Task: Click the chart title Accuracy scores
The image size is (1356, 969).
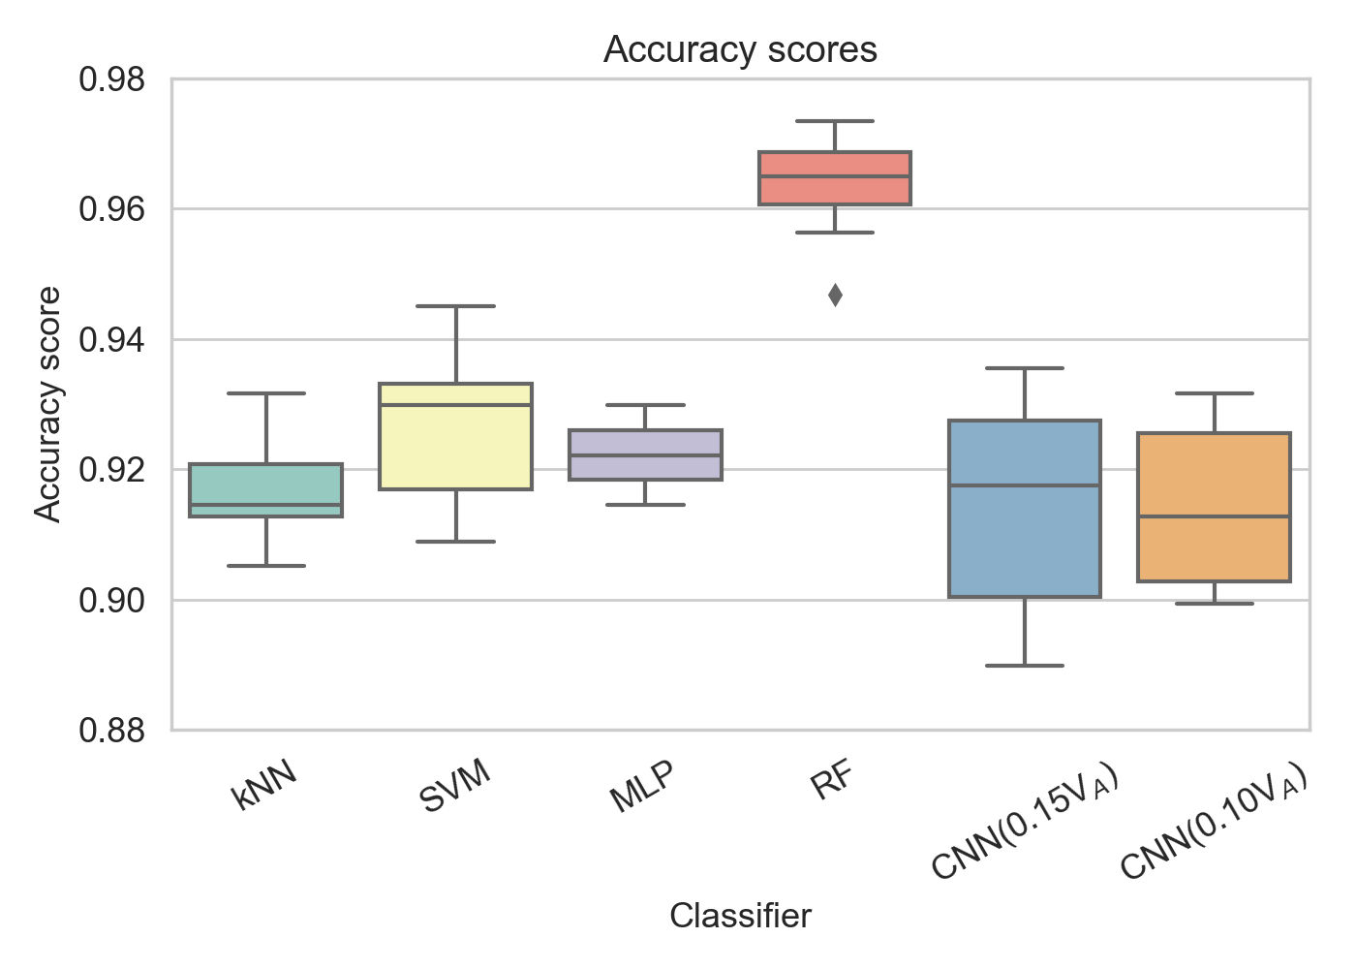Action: [x=740, y=49]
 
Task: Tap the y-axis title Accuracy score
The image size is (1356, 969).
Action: [x=47, y=404]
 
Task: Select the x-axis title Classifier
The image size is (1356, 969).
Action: [x=740, y=915]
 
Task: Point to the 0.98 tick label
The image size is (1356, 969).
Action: [x=112, y=79]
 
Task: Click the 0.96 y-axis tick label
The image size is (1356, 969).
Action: [x=112, y=209]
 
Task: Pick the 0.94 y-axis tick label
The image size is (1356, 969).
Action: [x=112, y=340]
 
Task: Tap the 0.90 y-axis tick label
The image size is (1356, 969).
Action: [x=112, y=601]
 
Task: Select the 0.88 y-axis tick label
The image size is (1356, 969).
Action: [x=112, y=731]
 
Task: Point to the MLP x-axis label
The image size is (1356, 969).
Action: [x=642, y=786]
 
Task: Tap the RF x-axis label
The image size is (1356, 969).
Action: [x=832, y=779]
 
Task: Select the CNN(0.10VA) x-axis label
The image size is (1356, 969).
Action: [x=1214, y=821]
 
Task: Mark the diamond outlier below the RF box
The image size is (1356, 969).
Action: [x=835, y=296]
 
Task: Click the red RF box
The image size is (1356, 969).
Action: [x=835, y=178]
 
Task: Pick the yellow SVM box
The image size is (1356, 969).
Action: [x=455, y=436]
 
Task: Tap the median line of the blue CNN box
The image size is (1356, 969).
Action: [x=1025, y=485]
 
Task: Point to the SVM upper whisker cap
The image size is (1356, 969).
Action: [x=455, y=306]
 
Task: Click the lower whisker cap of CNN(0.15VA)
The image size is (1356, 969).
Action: [x=1025, y=666]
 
